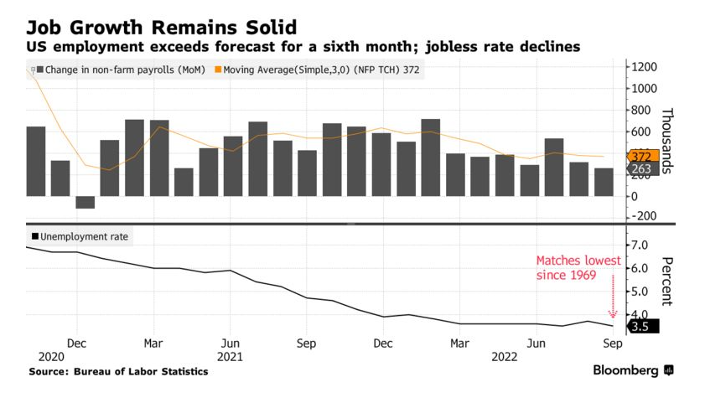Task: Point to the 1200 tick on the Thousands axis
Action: (644, 67)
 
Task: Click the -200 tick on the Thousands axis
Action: (644, 217)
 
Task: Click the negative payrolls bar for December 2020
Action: (86, 202)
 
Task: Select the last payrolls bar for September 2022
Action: (604, 182)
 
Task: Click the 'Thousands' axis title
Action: (667, 141)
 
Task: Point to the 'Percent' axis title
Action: (667, 281)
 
